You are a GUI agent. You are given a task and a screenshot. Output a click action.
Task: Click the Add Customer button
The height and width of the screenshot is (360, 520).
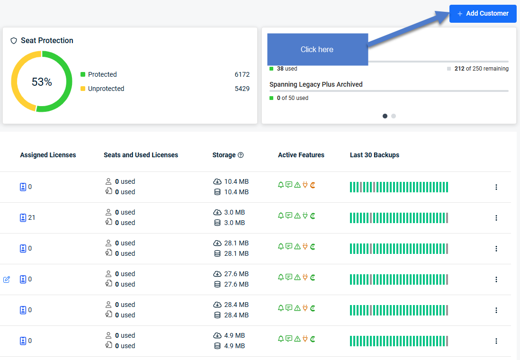point(483,14)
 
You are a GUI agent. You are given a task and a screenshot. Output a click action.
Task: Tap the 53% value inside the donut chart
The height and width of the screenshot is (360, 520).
point(42,81)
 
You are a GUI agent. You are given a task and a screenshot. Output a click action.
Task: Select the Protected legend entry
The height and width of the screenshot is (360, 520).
point(99,74)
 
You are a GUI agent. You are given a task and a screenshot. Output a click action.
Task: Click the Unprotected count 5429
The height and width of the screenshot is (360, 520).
point(242,89)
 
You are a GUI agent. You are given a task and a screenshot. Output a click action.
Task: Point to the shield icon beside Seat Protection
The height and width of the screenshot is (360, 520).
point(14,41)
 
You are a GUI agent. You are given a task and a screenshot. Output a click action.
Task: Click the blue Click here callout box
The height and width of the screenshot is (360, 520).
point(318,49)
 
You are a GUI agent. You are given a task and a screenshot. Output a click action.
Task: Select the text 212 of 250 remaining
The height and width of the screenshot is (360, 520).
point(482,69)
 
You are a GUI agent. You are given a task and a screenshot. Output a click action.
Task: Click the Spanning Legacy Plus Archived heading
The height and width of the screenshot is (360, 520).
point(316,84)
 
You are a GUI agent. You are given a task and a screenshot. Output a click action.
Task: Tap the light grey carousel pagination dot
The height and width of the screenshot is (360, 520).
point(394,116)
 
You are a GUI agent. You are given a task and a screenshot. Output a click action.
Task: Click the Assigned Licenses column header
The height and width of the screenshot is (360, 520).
point(48,155)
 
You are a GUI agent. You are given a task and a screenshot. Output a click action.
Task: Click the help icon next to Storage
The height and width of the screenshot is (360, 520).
point(241,155)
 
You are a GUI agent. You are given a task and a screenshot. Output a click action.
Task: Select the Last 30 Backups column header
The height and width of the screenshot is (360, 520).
point(375,155)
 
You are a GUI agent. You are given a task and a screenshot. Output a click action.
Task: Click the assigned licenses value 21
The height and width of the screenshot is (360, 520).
point(32,218)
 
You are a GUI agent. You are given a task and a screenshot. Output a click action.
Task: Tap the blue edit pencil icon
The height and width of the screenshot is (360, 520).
point(7,279)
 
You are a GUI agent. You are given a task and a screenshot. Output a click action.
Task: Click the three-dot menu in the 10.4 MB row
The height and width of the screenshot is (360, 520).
point(496,187)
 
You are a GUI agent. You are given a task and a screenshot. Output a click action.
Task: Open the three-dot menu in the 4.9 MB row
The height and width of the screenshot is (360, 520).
point(496,341)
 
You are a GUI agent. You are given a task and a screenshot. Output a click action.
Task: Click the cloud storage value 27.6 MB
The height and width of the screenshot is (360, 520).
point(236,274)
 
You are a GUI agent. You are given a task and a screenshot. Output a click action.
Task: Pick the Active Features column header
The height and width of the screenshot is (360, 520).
point(301,155)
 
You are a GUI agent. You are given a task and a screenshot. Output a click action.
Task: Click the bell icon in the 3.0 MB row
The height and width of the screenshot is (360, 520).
point(281,216)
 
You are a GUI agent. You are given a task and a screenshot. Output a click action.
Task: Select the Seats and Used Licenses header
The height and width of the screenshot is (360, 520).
point(141,155)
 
